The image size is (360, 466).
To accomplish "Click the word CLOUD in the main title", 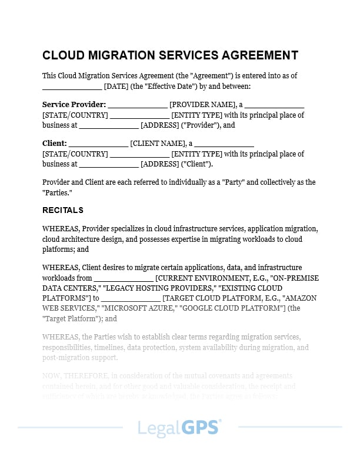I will tap(64, 55).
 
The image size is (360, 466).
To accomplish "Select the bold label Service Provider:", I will tap(74, 105).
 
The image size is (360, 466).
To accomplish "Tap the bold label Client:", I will tap(55, 144).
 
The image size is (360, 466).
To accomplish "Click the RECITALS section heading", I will tap(63, 210).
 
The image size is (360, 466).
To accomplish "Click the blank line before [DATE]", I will tap(72, 86).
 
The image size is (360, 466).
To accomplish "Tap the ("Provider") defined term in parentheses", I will tap(202, 125).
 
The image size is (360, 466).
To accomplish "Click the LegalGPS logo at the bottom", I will tap(179, 427).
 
